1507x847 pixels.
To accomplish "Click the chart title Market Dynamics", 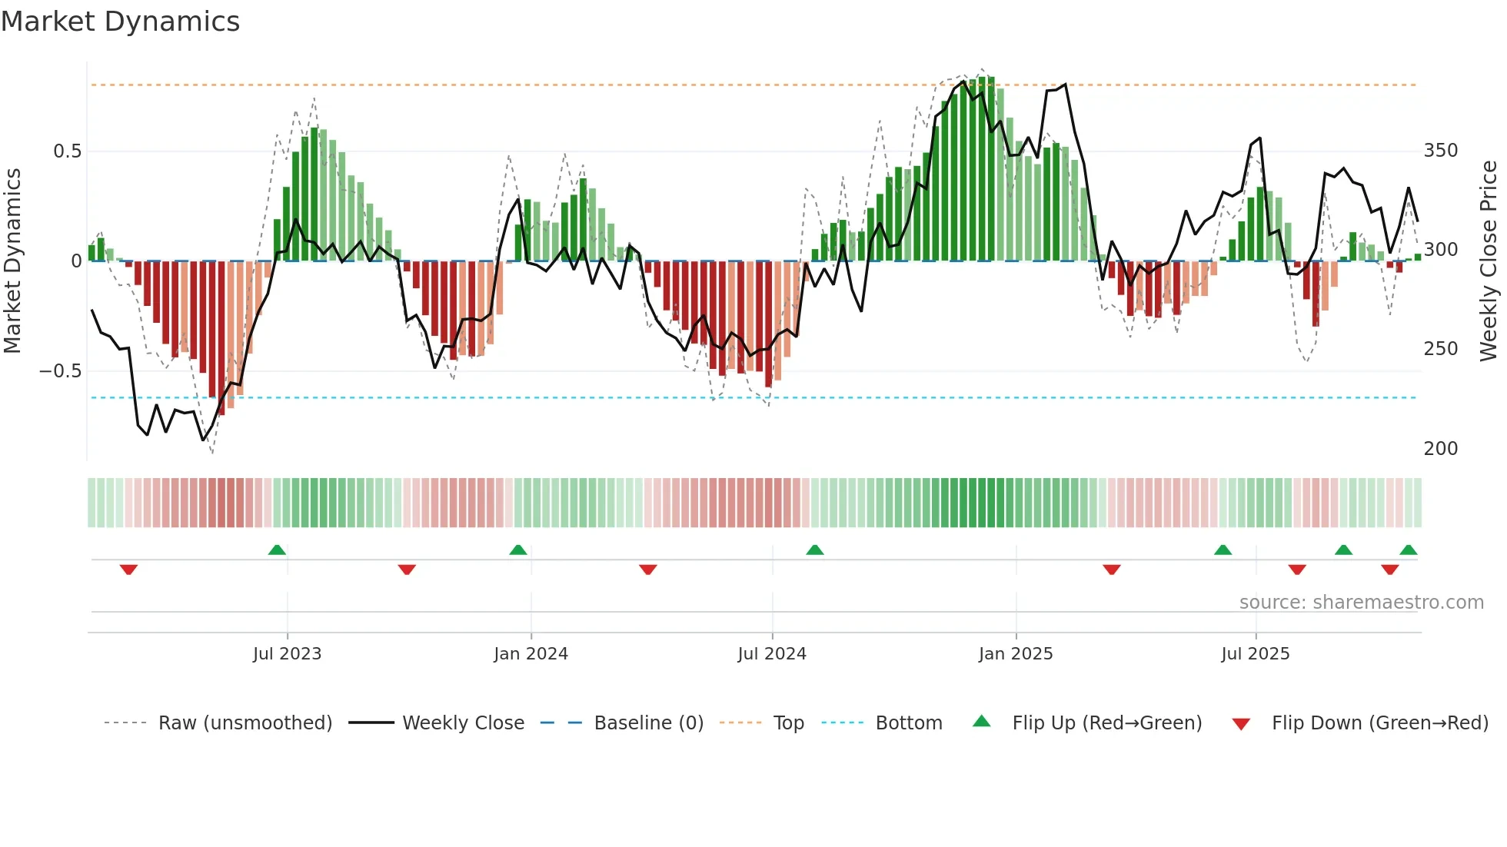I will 121,22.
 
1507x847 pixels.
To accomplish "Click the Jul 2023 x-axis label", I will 287,654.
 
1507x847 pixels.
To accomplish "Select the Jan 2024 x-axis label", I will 531,654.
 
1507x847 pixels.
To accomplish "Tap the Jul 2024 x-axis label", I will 772,654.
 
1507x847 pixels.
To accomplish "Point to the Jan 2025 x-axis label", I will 1015,654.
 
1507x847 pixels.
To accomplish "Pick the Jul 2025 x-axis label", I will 1255,654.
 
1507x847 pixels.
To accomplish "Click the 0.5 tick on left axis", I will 68,151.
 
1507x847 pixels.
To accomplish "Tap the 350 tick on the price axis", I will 1440,151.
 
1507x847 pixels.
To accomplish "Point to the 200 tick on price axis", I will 1440,449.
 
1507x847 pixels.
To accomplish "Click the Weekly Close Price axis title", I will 1489,261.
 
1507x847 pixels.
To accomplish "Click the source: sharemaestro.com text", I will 1361,603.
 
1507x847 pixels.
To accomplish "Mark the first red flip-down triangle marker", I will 128,570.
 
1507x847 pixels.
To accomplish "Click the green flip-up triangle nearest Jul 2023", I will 277,550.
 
